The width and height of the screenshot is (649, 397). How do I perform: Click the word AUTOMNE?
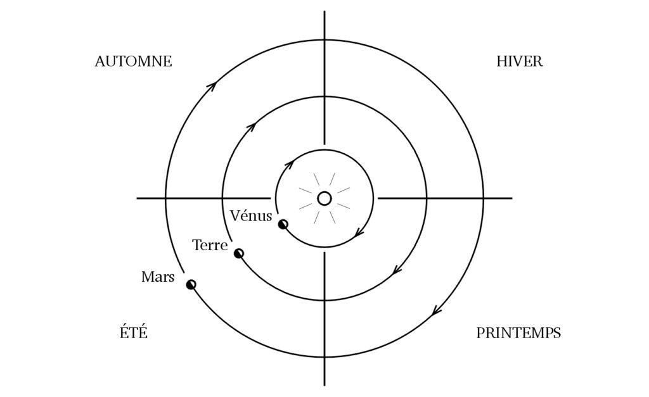(133, 61)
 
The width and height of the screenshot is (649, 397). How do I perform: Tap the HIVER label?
(520, 61)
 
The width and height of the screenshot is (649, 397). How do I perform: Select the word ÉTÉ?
(134, 332)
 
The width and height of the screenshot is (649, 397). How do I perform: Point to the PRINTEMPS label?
(518, 333)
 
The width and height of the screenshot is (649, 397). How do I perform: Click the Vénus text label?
(251, 215)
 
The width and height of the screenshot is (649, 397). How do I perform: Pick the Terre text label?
(210, 245)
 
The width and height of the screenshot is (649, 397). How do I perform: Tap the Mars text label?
(158, 277)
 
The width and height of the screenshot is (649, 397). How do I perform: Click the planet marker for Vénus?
(283, 225)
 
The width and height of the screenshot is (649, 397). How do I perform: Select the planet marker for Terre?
(239, 253)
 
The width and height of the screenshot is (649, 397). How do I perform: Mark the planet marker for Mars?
(191, 284)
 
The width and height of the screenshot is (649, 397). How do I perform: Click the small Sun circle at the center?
(324, 199)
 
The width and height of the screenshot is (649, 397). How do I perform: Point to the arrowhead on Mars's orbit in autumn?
(212, 85)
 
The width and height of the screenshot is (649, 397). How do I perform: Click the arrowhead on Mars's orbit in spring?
(437, 310)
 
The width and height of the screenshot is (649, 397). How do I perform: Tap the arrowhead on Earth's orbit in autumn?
(250, 126)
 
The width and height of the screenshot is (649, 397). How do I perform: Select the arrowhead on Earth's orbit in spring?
(397, 270)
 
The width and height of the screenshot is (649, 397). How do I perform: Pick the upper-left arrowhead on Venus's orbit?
(289, 164)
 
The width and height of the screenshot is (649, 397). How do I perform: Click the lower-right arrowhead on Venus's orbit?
(359, 233)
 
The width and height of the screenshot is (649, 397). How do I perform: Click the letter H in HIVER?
(502, 61)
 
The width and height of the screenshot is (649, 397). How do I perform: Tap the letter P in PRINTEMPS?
(480, 333)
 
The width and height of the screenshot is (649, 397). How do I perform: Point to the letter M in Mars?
(148, 277)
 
